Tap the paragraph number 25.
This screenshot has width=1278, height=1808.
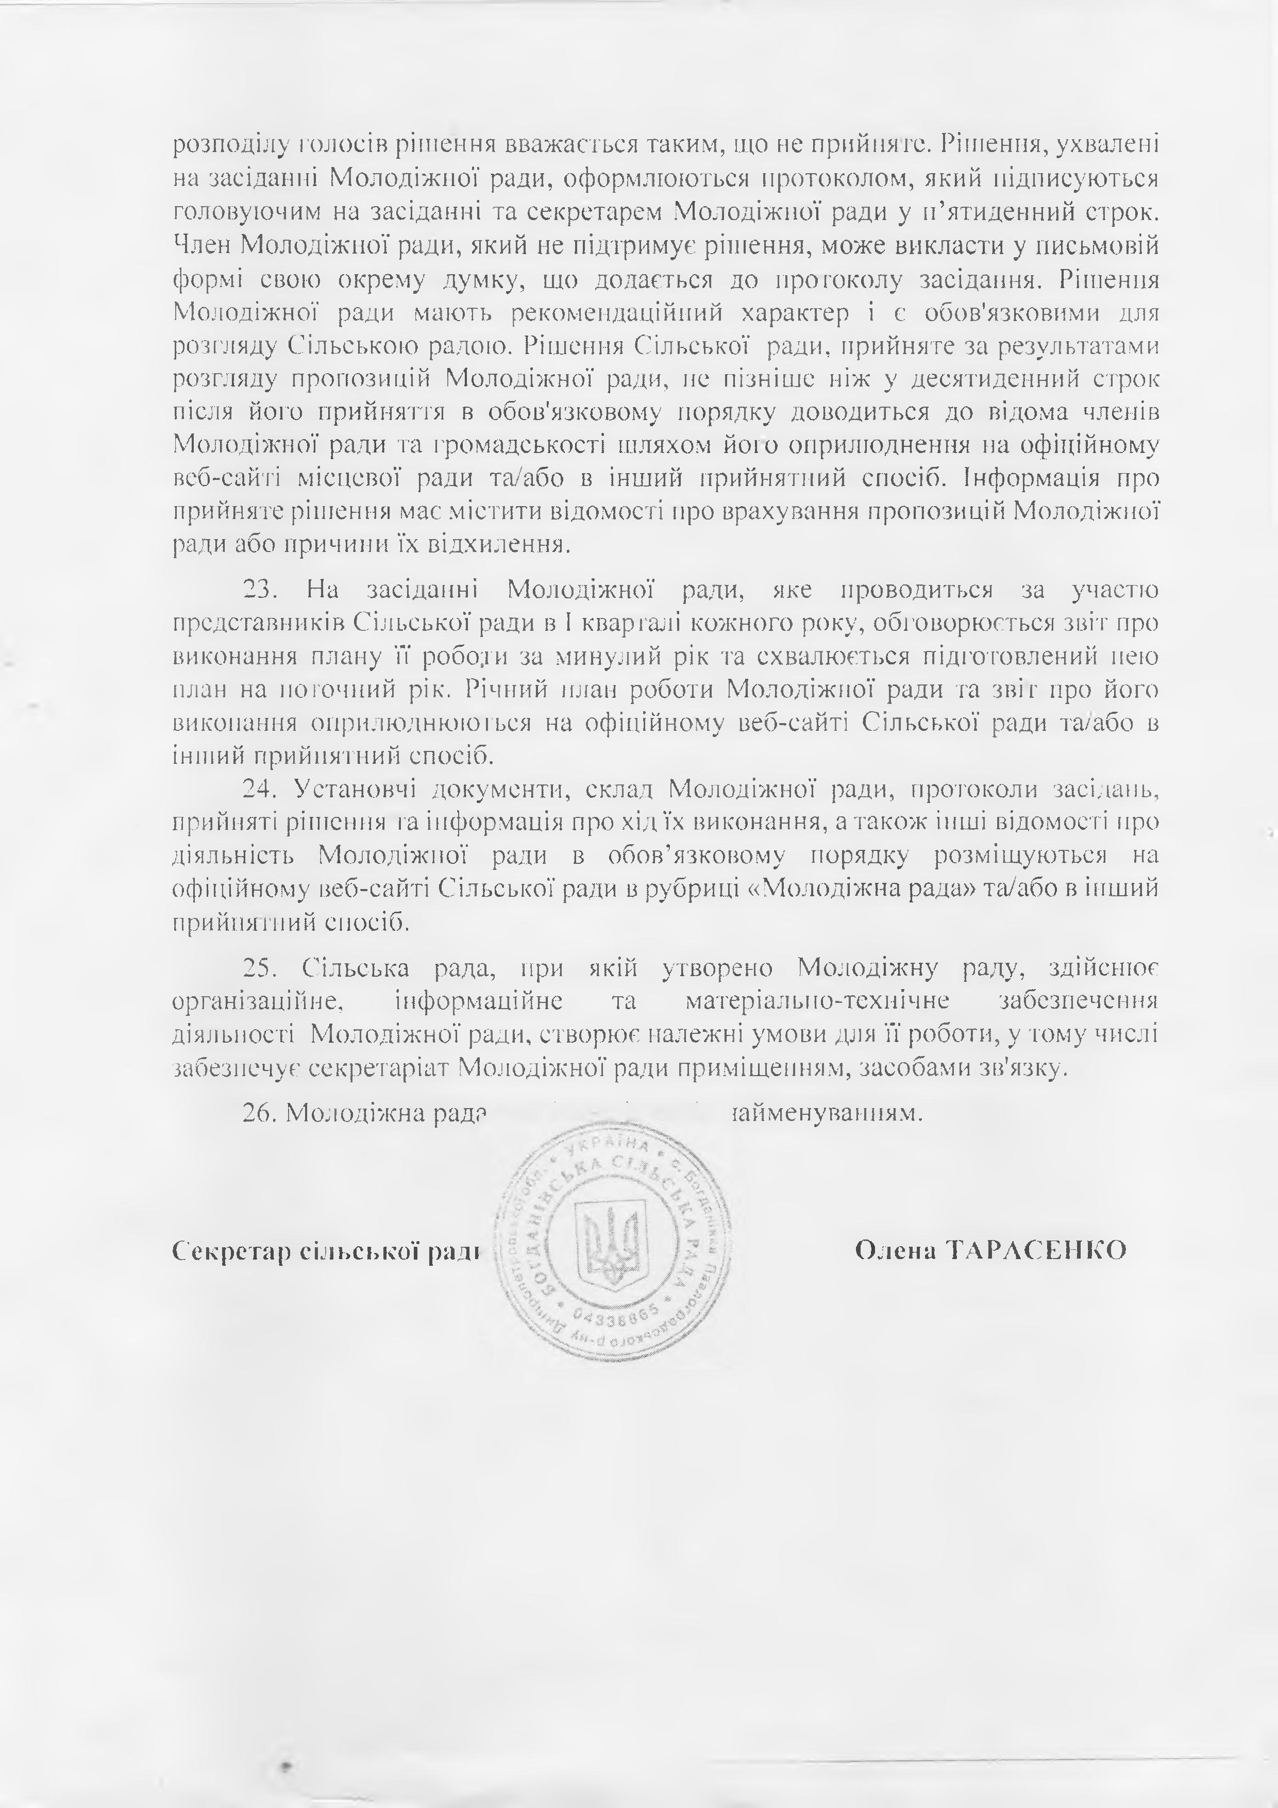pos(258,968)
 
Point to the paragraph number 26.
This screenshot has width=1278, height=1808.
pos(258,1113)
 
